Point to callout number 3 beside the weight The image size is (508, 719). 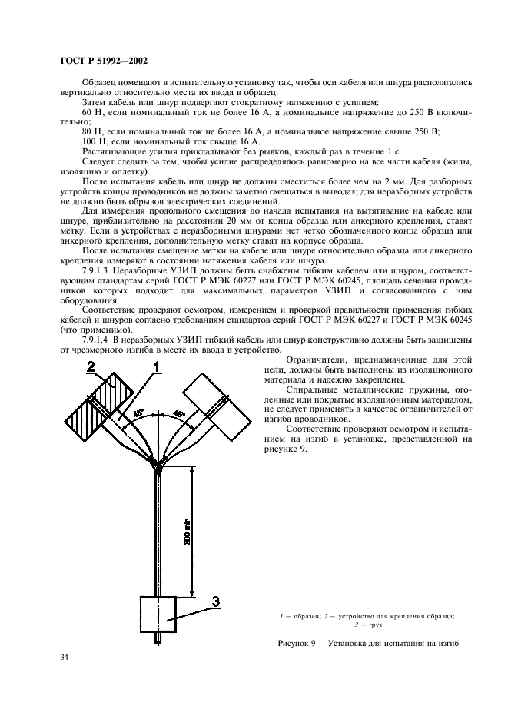tap(216, 601)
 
